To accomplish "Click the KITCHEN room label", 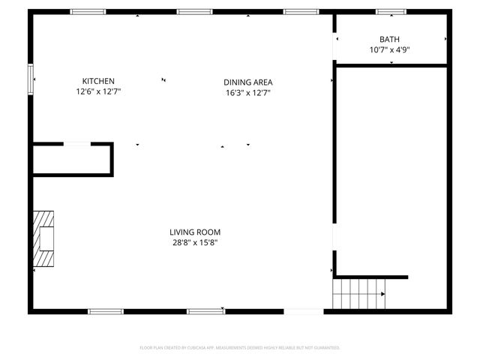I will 98,81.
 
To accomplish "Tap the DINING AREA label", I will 247,82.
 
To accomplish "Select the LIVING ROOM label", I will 195,232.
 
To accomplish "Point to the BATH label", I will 389,40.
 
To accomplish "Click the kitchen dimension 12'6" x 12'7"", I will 98,91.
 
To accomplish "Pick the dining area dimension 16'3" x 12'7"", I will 247,93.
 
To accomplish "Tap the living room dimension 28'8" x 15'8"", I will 195,242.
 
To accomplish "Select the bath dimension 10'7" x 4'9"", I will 389,50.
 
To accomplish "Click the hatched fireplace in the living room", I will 44,238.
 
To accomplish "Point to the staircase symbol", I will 360,292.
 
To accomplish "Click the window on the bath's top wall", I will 391,12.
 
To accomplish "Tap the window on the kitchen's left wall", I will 31,79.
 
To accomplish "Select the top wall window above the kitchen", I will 88,12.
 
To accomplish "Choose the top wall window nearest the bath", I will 301,12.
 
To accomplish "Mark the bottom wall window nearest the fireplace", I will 106,310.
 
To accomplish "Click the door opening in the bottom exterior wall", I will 304,310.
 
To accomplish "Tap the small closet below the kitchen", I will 72,159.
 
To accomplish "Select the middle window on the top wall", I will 195,12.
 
